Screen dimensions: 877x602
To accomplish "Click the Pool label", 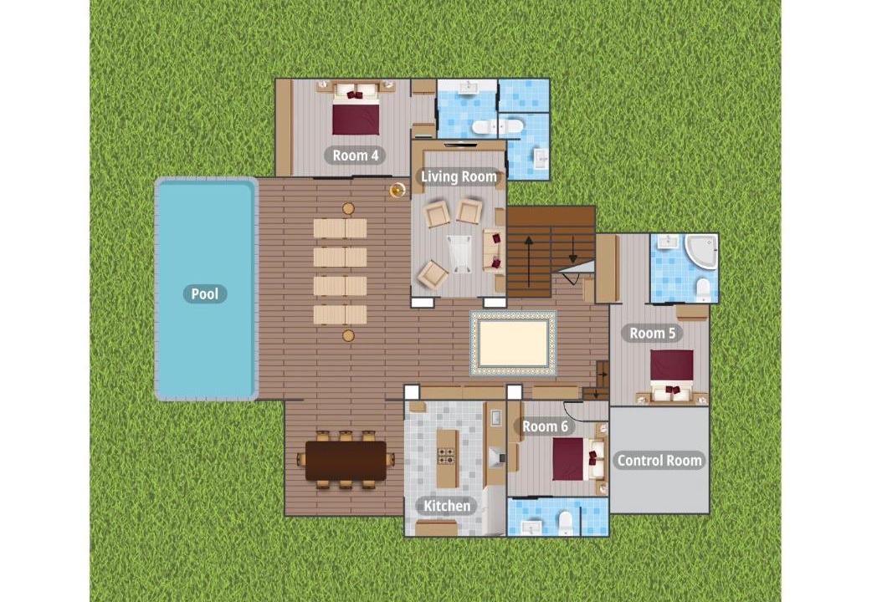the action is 205,294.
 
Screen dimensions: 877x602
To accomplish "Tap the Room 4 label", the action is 355,156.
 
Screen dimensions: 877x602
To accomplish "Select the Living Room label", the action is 459,176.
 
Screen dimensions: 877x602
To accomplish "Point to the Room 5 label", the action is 652,333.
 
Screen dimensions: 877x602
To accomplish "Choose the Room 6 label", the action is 544,426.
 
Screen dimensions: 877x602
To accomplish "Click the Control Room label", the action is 659,461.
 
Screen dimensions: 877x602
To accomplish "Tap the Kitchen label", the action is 446,506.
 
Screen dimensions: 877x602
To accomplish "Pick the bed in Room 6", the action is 578,459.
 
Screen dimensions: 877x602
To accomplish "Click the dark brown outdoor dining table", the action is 346,461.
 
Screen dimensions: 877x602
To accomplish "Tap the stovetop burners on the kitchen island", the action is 446,457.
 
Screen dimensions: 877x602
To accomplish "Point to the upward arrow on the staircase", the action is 528,261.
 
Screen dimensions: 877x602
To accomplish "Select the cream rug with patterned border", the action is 513,344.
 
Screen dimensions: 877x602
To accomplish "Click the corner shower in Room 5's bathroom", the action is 700,252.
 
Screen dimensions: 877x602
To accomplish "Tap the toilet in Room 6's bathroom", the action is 566,522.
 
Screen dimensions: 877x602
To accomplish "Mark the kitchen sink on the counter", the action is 495,418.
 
